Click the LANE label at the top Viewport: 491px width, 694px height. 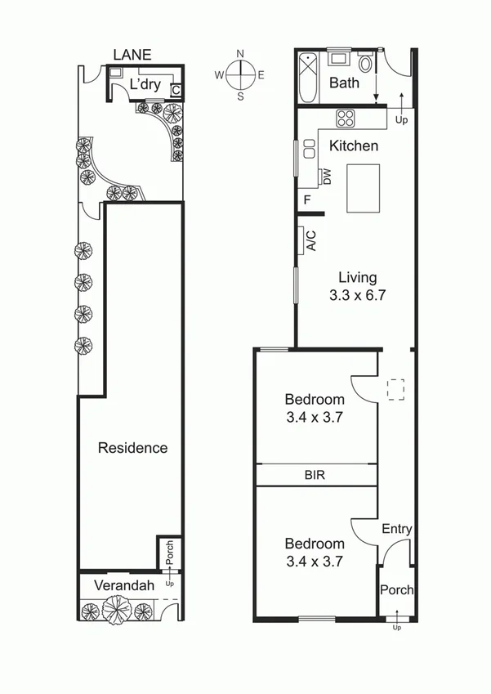tap(133, 55)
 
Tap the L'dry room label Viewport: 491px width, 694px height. tap(146, 84)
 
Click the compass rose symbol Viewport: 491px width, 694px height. tap(239, 75)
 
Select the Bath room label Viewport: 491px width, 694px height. tap(344, 83)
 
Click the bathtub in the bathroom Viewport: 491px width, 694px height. tap(308, 77)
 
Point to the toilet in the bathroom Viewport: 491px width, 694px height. tap(366, 63)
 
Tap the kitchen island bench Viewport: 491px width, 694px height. tap(364, 188)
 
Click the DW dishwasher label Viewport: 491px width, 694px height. tap(326, 177)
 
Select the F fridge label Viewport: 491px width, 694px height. tap(307, 199)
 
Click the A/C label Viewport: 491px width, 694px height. tap(310, 240)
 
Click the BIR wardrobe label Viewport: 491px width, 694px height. tap(315, 474)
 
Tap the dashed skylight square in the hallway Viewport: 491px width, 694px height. tap(396, 389)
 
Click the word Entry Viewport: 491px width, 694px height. tap(397, 529)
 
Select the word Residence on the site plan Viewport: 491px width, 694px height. tap(132, 447)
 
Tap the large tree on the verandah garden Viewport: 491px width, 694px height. tap(118, 610)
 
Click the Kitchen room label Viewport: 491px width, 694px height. tap(354, 146)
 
